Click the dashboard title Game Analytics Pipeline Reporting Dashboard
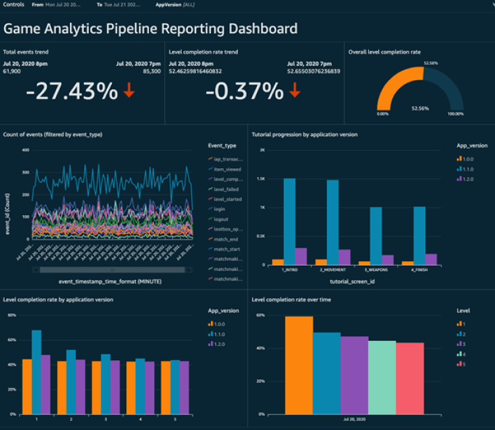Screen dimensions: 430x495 [x=150, y=28]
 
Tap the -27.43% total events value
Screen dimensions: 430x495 [x=72, y=92]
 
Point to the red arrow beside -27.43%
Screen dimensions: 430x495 [x=130, y=92]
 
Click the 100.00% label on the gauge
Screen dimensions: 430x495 [x=455, y=114]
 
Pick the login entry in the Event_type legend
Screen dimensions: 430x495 [x=220, y=210]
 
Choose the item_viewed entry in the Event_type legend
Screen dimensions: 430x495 [x=227, y=170]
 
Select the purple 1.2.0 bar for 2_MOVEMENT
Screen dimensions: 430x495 [x=344, y=257]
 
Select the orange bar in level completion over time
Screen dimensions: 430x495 [x=298, y=365]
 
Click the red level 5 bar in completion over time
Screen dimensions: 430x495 [x=410, y=378]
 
